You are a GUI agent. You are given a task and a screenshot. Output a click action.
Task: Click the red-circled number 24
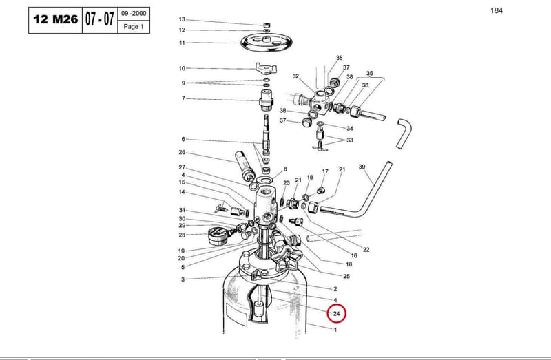pos(336,314)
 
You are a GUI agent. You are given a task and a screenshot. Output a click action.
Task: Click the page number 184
pos(497,10)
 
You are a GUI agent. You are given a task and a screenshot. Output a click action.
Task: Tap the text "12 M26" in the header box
pos(55,20)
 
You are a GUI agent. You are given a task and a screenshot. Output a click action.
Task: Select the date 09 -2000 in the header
pos(134,14)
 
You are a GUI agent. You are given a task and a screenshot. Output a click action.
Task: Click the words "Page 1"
pos(134,26)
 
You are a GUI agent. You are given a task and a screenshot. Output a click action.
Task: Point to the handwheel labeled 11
pos(267,43)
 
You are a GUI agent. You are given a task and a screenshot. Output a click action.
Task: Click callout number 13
pos(182,19)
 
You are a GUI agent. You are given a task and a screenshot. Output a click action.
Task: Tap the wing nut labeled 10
pos(266,67)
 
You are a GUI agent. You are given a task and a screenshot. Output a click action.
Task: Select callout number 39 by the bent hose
pos(362,167)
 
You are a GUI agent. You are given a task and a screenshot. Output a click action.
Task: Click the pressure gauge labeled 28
pos(218,235)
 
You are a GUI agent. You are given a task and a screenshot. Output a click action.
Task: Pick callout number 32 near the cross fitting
pos(295,76)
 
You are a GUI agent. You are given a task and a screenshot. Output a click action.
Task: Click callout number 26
pos(182,152)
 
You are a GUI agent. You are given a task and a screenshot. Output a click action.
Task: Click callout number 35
pos(369,74)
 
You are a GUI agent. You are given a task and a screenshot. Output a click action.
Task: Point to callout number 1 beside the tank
pos(335,330)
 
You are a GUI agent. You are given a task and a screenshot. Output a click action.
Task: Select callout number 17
pos(325,171)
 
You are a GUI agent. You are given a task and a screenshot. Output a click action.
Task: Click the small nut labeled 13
pos(267,25)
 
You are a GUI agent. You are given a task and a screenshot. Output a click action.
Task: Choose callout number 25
pos(346,277)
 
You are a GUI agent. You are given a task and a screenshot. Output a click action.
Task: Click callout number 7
pos(183,98)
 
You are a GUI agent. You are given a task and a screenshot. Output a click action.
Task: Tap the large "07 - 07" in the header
pos(100,19)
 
